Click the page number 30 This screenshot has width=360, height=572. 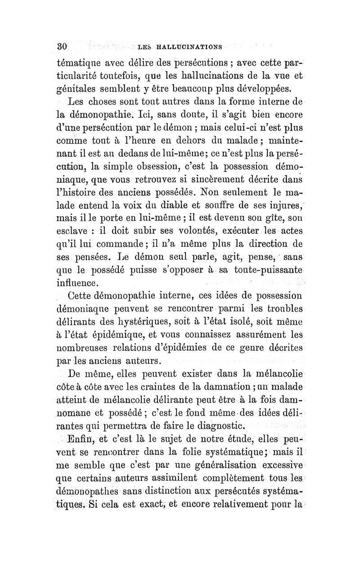click(x=62, y=46)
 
